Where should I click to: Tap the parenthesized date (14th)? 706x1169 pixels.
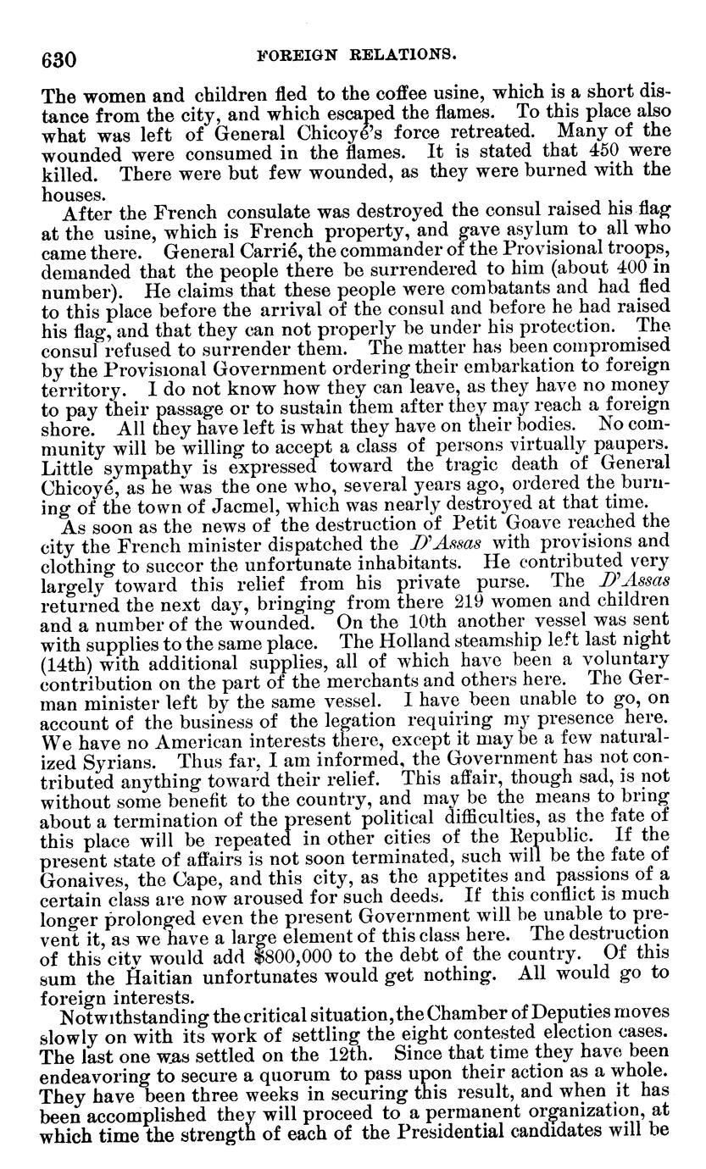68,657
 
